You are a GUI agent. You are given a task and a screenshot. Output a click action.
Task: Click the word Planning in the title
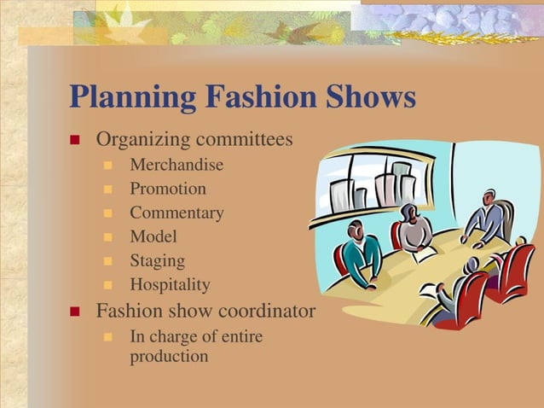pos(129,97)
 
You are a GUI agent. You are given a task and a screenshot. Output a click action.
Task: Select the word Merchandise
pos(176,165)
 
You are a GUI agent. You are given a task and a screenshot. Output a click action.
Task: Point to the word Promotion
pos(167,189)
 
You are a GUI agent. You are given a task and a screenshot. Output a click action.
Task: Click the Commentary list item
pos(177,213)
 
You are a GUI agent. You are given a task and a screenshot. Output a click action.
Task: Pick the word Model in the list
pos(153,236)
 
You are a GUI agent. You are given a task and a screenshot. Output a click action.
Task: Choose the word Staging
pos(157,260)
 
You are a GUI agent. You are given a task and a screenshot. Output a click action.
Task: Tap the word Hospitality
pos(170,284)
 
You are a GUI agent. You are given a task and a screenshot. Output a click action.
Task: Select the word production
pos(168,356)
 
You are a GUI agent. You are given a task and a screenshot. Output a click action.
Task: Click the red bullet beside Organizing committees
pos(74,139)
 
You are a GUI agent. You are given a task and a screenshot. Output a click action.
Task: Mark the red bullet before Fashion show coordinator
pos(74,311)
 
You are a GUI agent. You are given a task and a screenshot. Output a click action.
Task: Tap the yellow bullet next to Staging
pos(108,261)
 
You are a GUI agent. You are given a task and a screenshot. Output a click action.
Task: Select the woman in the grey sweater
pos(415,229)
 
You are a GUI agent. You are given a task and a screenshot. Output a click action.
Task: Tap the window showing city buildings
pos(375,184)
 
